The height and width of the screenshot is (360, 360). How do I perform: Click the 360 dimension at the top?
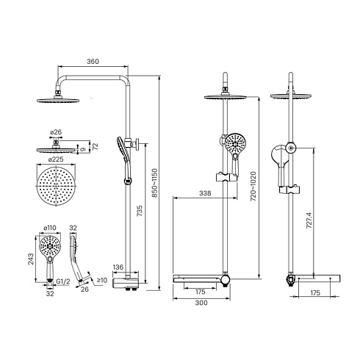pyautogui.click(x=93, y=61)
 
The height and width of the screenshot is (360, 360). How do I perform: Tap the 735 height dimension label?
pyautogui.click(x=139, y=211)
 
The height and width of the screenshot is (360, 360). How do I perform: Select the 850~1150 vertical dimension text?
pyautogui.click(x=155, y=183)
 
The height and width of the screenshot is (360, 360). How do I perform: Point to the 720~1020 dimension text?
pyautogui.click(x=253, y=187)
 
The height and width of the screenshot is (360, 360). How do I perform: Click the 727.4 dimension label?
pyautogui.click(x=309, y=220)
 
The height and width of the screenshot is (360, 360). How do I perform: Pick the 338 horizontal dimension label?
pyautogui.click(x=205, y=193)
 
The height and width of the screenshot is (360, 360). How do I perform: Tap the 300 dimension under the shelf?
pyautogui.click(x=201, y=303)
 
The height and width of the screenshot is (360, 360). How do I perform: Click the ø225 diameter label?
pyautogui.click(x=56, y=159)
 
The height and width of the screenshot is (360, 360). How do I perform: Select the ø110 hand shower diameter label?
pyautogui.click(x=50, y=228)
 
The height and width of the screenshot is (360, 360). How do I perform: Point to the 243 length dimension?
pyautogui.click(x=31, y=259)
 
